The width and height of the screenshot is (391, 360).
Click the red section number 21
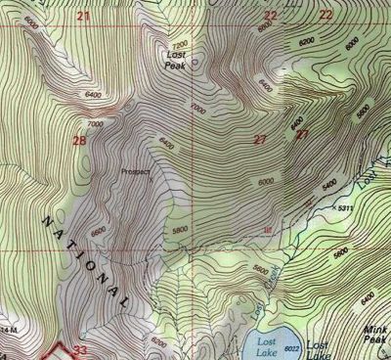point(82,16)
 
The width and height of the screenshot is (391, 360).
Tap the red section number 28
point(79,142)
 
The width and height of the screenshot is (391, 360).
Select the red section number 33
point(81,349)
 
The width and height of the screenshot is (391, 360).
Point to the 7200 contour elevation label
point(179,45)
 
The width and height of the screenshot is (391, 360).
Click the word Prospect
point(136,171)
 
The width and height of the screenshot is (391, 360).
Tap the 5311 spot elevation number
point(343,207)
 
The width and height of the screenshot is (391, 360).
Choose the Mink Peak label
point(374,337)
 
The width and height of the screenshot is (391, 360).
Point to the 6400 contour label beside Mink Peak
point(369,296)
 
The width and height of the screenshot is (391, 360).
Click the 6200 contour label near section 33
point(159,341)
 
